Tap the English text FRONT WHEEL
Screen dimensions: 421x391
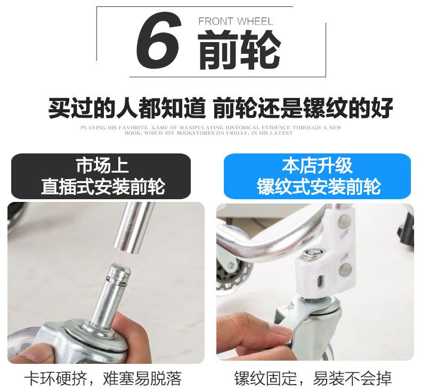pos(236,21)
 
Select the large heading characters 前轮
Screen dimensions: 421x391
pos(239,50)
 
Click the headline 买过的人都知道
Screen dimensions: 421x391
pos(127,108)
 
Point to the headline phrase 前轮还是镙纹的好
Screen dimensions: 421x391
pos(303,108)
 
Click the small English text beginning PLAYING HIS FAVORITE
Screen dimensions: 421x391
pos(211,130)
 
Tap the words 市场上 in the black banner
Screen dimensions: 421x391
pos(102,165)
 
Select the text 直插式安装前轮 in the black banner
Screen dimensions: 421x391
pos(103,186)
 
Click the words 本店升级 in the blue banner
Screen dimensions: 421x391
pos(317,165)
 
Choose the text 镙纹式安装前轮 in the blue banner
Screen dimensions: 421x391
pos(319,186)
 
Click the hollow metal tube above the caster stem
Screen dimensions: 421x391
pos(132,228)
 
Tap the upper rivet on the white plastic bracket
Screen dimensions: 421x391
pos(344,222)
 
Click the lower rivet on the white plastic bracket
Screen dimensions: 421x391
pos(345,270)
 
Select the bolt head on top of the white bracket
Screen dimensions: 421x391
pos(313,253)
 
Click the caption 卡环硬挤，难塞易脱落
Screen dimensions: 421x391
pos(103,378)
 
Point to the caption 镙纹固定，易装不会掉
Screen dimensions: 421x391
pos(313,378)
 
